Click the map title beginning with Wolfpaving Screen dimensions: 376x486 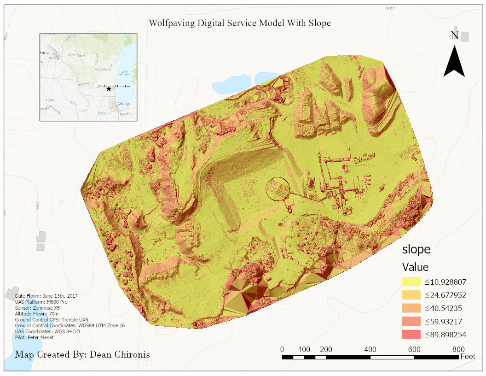click(240, 23)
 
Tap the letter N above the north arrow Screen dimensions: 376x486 click(455, 35)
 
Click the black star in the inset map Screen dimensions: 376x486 click(109, 88)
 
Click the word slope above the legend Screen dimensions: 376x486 click(416, 249)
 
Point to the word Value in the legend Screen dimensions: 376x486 click(415, 267)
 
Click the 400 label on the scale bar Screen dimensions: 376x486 click(370, 349)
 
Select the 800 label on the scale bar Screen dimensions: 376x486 click(458, 349)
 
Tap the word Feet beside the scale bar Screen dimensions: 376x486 click(468, 357)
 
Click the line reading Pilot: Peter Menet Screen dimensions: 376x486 click(34, 337)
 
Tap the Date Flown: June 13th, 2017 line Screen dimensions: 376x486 click(46, 295)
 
